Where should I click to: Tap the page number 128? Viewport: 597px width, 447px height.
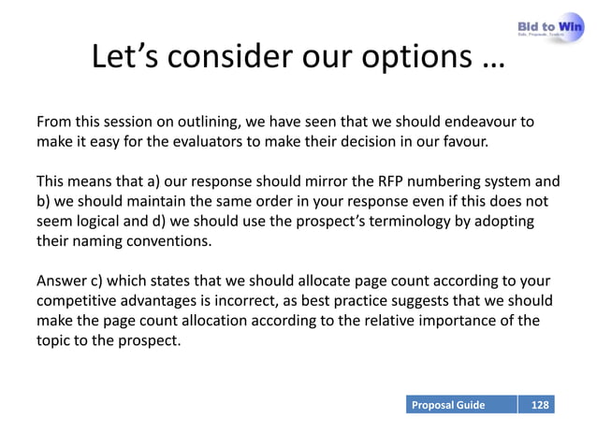click(x=539, y=405)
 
